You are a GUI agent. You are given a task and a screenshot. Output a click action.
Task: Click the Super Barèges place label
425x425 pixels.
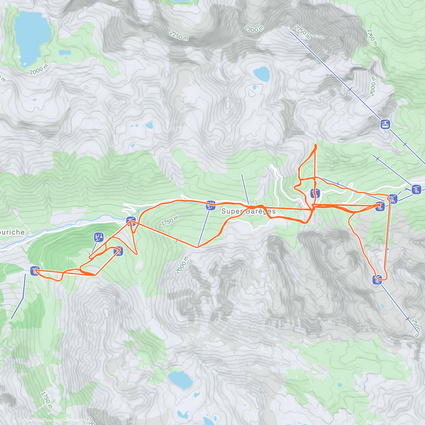(248, 211)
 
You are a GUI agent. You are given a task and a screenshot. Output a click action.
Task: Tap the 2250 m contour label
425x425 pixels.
(179, 35)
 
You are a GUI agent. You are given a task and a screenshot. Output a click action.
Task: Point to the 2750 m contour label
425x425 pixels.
(302, 32)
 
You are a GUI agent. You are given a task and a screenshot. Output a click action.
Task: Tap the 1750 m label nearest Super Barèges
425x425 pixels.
(170, 221)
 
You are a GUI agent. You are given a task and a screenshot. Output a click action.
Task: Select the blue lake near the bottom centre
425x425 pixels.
(180, 379)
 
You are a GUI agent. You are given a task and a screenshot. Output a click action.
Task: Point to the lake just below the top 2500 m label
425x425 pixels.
(261, 74)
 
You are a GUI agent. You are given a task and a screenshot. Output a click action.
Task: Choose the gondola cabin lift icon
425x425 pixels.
(385, 124)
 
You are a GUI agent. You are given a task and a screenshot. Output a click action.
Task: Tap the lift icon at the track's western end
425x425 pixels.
(35, 271)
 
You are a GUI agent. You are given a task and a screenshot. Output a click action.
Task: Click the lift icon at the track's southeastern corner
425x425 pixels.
(377, 280)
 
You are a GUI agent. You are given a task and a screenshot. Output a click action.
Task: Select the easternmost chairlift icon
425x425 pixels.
(416, 189)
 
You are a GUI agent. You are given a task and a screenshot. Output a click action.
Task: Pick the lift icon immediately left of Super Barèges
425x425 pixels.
(211, 205)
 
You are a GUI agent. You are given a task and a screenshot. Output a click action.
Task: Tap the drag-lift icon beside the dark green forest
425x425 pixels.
(99, 237)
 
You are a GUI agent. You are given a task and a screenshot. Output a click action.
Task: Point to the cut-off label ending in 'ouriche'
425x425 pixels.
(12, 232)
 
